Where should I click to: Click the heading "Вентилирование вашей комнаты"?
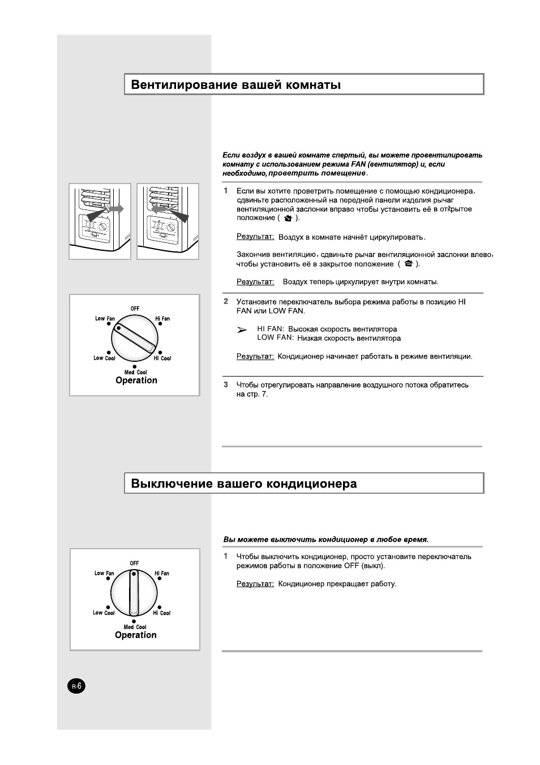[x=236, y=85]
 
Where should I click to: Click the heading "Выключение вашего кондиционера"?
[x=244, y=484]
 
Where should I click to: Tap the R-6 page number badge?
[x=77, y=686]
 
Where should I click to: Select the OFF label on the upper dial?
[x=135, y=309]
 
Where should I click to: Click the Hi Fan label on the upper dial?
[x=162, y=319]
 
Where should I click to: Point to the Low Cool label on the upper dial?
[x=104, y=358]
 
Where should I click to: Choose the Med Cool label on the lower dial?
[x=135, y=627]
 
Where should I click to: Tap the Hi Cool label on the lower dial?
[x=162, y=613]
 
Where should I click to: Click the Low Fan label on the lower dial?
[x=104, y=573]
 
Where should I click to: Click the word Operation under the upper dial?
[x=136, y=381]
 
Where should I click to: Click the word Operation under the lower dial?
[x=136, y=635]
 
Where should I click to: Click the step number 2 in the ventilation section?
[x=226, y=302]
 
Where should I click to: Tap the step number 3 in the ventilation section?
[x=226, y=385]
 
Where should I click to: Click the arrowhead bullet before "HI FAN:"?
[x=242, y=330]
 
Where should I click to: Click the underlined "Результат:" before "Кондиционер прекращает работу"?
[x=255, y=584]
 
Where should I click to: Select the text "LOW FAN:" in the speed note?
[x=275, y=337]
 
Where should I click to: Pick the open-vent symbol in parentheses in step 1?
[x=288, y=218]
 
